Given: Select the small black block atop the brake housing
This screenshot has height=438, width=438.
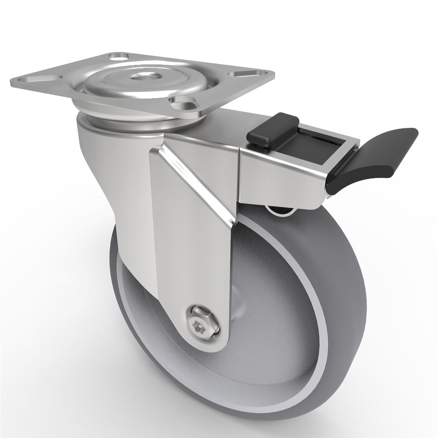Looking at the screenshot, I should coord(272,128).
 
